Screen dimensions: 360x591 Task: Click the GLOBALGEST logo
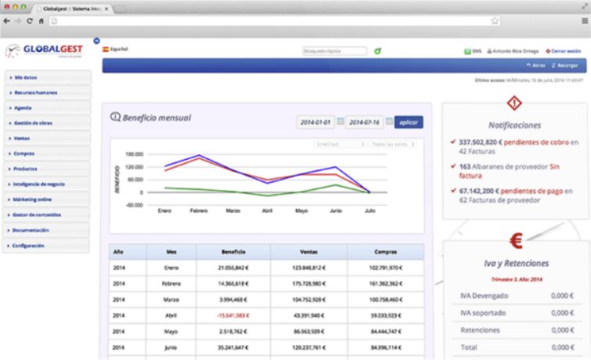pos(49,52)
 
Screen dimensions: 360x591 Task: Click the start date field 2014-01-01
pos(316,123)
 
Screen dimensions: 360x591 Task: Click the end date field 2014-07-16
pos(365,123)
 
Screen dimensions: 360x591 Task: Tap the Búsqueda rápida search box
pos(334,52)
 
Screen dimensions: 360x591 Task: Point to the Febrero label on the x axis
pos(199,211)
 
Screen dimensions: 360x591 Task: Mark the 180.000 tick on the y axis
pos(134,154)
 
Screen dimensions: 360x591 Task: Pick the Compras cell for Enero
pos(384,268)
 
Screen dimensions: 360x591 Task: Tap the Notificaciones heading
pos(514,124)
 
